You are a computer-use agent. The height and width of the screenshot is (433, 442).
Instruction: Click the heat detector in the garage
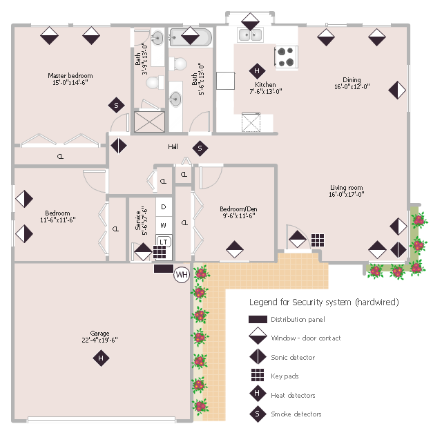pos(101,358)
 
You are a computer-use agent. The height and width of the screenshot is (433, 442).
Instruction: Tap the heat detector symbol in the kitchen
pos(257,70)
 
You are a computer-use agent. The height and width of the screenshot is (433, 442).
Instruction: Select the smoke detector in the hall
pos(200,148)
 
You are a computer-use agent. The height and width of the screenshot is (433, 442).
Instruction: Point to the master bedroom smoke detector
pos(117,105)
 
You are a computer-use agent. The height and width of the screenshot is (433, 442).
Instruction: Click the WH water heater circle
pos(182,274)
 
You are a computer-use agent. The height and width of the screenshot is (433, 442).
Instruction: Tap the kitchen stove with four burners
pos(286,57)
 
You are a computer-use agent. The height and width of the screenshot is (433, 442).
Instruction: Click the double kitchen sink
pos(250,35)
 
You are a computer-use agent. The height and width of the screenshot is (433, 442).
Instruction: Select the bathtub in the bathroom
pos(191,37)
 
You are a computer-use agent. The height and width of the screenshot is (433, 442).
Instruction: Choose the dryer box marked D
pos(164,207)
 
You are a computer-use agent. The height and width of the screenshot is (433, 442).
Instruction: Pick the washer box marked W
pos(164,225)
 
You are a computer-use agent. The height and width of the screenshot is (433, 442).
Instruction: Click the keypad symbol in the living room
pos(318,240)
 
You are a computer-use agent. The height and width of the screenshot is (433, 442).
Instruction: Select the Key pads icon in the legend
pos(258,375)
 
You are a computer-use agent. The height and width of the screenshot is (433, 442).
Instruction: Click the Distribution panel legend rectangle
pos(258,319)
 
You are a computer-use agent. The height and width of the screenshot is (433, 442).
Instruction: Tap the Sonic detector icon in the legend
pos(258,356)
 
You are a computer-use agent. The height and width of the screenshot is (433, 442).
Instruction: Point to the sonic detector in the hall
pos(119,146)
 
